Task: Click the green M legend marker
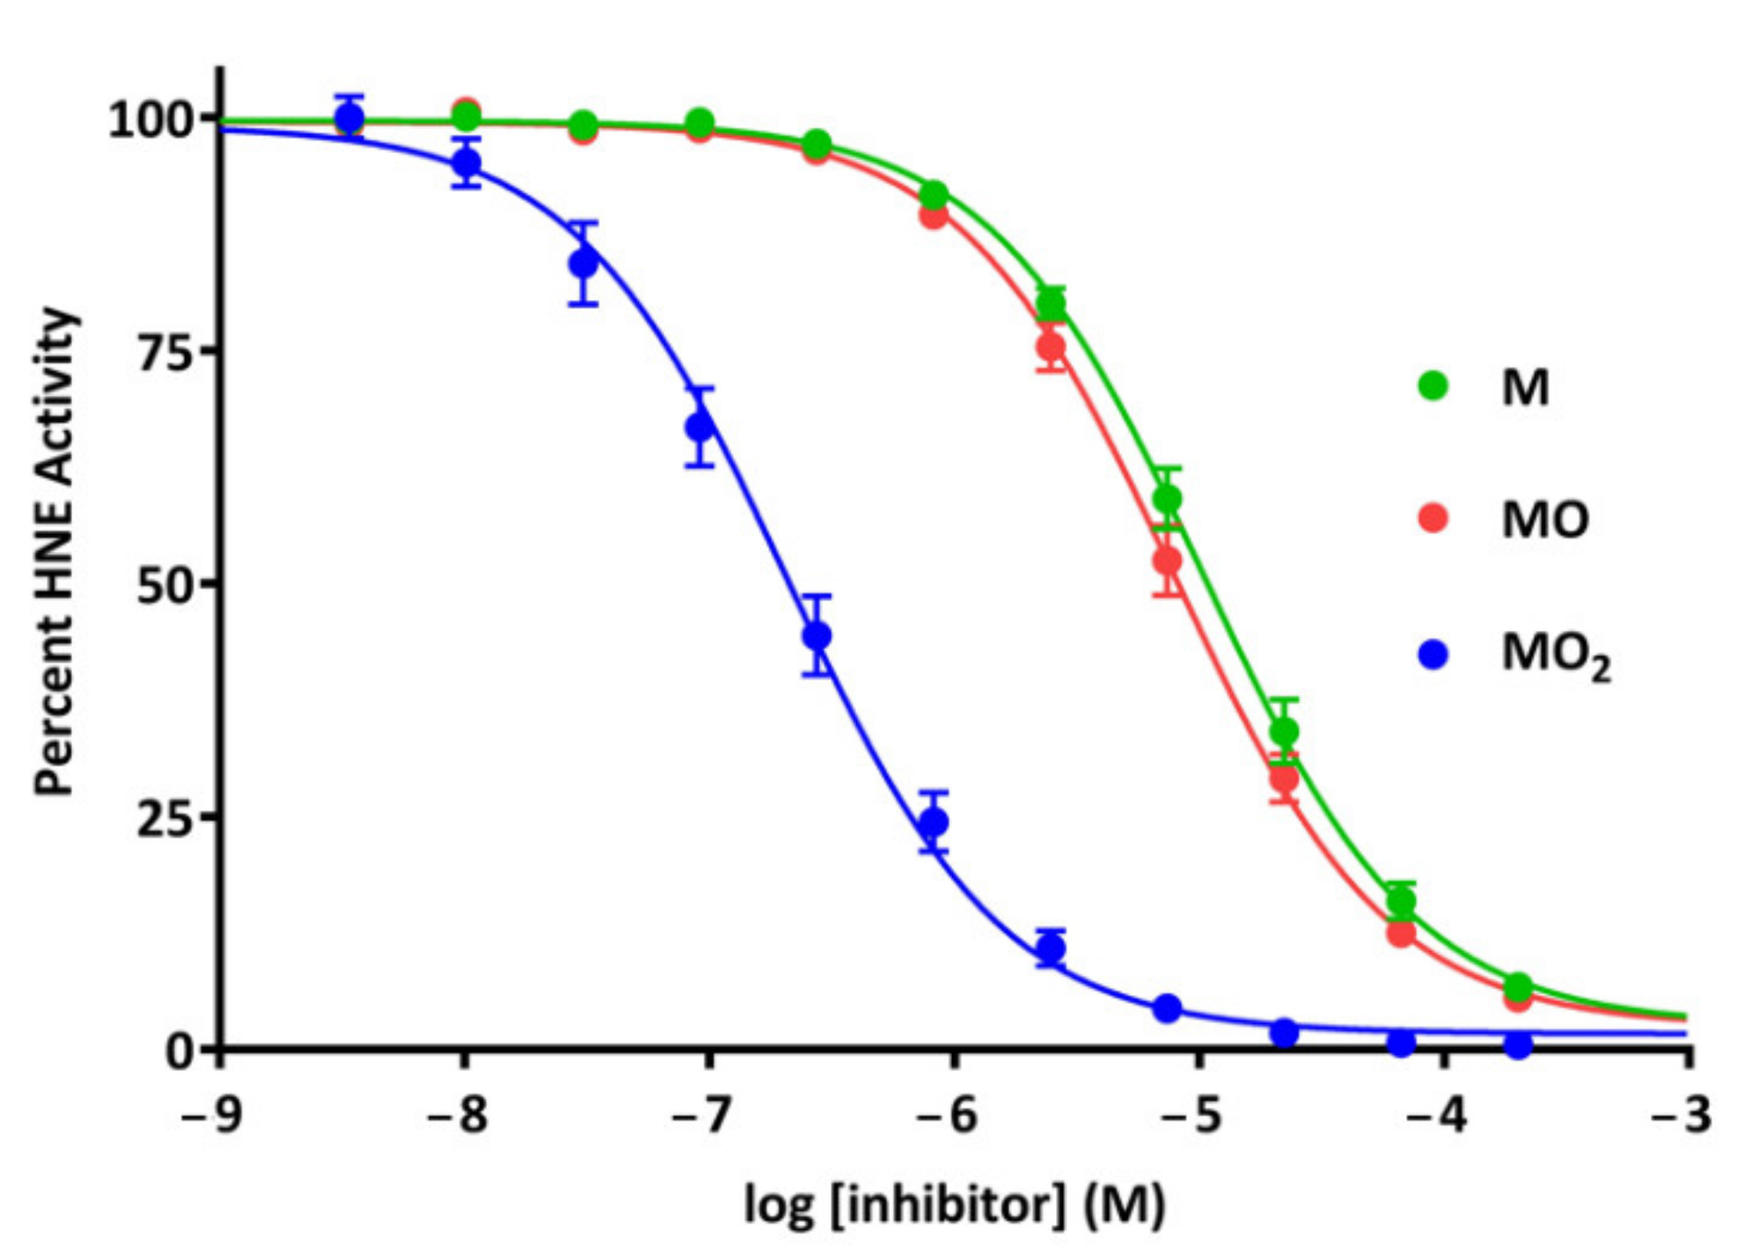coord(1433,385)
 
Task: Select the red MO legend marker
coord(1433,517)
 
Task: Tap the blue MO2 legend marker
coord(1433,654)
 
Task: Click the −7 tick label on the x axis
coord(701,1116)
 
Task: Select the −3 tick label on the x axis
coord(1681,1116)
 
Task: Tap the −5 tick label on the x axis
coord(1191,1116)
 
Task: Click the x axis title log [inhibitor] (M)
coord(954,1205)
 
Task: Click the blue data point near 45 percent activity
coord(817,635)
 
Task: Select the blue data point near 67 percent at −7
coord(700,428)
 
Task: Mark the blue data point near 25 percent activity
coord(934,823)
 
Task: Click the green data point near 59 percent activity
coord(1167,500)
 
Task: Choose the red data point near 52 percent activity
coord(1167,560)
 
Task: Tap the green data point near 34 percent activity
coord(1284,731)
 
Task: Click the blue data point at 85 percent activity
coord(583,263)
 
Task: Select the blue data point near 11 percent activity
coord(1051,948)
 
